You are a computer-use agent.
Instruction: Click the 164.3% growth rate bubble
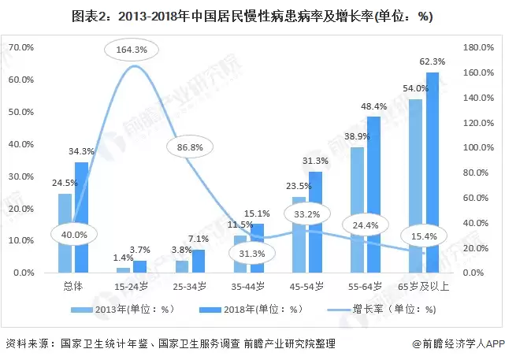tap(131, 50)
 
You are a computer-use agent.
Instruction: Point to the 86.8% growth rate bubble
tap(185, 147)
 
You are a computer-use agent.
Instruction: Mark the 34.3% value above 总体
tap(81, 151)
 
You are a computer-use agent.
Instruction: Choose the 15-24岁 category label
tap(131, 284)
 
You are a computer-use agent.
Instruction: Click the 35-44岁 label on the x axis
tap(248, 284)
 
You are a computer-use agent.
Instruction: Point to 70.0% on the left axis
tap(21, 48)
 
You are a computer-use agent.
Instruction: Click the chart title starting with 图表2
tap(252, 17)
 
